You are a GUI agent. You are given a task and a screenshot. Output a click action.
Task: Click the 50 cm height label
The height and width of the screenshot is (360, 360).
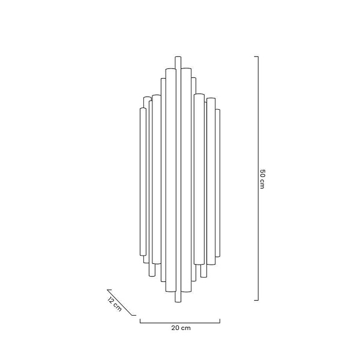[x=262, y=178]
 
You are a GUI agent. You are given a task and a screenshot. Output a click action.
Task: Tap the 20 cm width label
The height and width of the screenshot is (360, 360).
[x=181, y=328]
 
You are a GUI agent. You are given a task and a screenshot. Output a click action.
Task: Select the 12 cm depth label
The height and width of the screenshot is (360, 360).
[x=115, y=304]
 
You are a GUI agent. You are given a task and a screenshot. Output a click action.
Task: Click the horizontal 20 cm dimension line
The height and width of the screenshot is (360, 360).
[x=180, y=322]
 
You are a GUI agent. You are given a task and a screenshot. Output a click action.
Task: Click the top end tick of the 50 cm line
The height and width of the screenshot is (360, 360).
[x=256, y=56]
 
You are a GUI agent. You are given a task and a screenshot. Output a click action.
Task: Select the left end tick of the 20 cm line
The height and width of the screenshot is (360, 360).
[x=140, y=320]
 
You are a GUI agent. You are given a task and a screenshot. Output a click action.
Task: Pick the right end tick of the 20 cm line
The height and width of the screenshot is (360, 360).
[x=220, y=320]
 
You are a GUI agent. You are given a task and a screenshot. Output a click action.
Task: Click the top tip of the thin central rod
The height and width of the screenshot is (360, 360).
[x=178, y=57]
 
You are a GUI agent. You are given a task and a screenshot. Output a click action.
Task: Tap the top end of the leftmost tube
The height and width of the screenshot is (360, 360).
[x=142, y=109]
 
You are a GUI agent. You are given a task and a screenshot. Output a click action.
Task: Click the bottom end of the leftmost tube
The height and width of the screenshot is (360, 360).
[x=142, y=256]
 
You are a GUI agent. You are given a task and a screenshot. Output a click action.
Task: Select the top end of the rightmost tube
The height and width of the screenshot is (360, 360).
[x=217, y=110]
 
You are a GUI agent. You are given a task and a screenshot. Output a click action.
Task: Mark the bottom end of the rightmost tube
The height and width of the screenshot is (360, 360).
[x=217, y=255]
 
